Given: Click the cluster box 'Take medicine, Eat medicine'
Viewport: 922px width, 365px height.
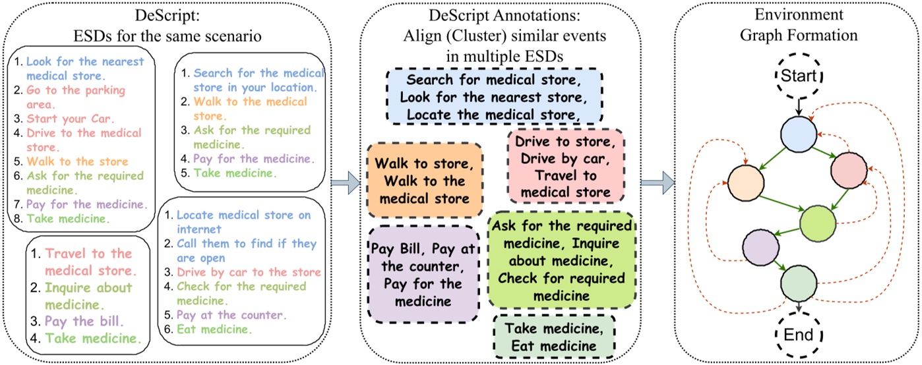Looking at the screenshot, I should click(553, 336).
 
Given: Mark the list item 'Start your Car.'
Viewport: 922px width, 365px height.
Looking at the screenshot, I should click(63, 119).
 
